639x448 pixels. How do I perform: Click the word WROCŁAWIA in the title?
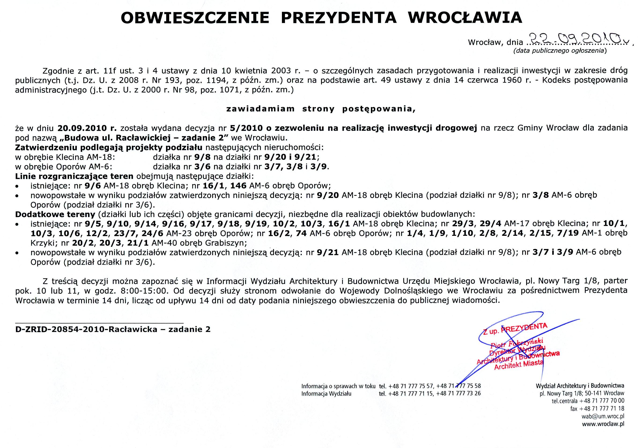point(465,18)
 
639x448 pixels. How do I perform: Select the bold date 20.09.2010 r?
point(87,128)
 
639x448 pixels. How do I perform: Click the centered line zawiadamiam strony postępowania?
point(321,109)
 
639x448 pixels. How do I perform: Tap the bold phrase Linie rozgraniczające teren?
point(74,176)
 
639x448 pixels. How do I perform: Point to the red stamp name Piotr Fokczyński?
point(517,344)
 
